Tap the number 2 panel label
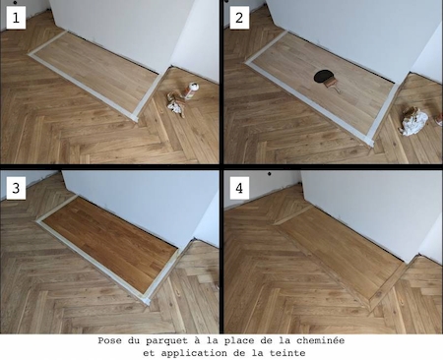239,16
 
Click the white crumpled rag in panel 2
416,121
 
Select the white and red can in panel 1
192,92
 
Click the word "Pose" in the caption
113,340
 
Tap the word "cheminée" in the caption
317,340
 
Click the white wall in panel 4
364,202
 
